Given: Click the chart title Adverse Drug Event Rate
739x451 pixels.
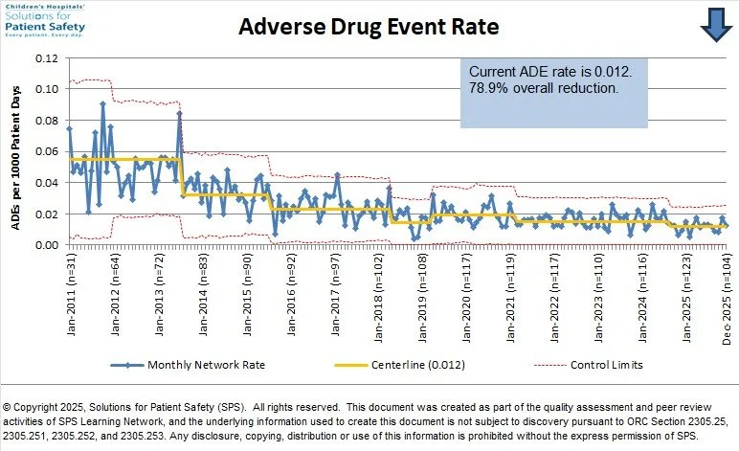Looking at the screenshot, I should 369,27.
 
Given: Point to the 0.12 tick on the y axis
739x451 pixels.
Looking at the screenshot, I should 46,57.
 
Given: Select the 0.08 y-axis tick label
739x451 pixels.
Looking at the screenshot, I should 46,120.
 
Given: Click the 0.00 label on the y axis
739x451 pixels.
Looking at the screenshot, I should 46,245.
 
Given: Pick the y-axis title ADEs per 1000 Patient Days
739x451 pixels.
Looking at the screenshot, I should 14,150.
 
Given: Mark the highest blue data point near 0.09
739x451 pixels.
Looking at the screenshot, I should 102,103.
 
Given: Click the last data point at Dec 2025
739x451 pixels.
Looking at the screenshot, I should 727,226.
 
